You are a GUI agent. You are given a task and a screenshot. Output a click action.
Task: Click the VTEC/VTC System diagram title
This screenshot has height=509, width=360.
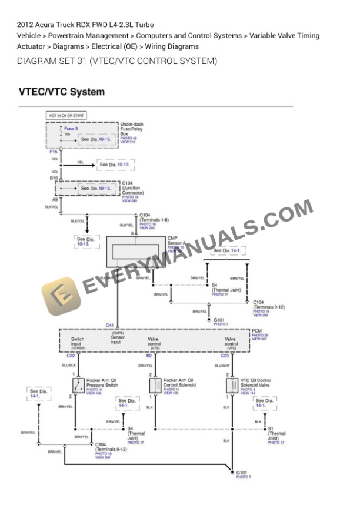[62, 92]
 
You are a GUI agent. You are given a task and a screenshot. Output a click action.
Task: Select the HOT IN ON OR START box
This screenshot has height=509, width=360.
[66, 115]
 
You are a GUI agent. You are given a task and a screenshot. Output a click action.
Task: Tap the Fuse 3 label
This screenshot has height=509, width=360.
[71, 128]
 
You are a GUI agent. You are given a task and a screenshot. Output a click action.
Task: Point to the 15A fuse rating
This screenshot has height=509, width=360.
[67, 134]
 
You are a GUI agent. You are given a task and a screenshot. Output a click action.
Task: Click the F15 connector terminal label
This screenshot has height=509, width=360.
[54, 152]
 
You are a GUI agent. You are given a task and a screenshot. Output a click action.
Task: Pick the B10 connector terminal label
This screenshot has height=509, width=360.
[54, 178]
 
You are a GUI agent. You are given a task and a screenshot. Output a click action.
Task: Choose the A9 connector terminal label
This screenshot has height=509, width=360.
[54, 200]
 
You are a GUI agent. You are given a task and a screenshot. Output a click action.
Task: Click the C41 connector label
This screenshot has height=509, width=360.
[110, 325]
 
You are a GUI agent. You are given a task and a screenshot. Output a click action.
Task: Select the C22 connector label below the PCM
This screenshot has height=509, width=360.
[71, 356]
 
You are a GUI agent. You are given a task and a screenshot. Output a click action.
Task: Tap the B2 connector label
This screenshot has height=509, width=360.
[149, 356]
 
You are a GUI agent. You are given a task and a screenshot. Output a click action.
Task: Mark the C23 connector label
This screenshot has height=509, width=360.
[225, 356]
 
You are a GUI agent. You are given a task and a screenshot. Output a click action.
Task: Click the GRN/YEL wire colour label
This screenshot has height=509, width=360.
[145, 366]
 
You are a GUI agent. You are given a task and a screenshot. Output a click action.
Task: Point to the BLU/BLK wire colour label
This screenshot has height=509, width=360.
[69, 366]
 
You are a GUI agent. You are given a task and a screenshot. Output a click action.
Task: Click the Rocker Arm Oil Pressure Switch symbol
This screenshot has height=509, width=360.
[78, 386]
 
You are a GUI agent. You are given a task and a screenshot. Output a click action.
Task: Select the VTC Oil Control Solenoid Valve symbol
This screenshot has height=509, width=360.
[231, 386]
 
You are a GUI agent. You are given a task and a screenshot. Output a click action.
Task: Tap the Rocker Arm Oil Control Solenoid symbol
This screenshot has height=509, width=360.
[155, 386]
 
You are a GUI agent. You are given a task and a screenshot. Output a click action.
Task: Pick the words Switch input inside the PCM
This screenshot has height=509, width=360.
[78, 341]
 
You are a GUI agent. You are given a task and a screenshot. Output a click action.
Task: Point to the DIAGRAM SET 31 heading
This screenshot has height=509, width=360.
[117, 61]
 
